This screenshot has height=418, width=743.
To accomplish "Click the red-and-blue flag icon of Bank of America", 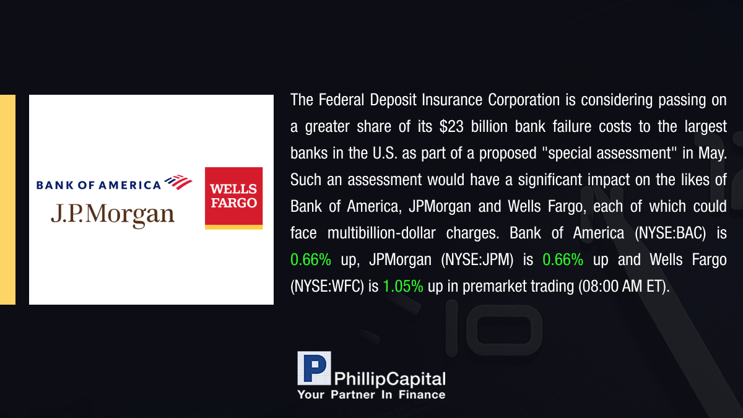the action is click(x=178, y=182).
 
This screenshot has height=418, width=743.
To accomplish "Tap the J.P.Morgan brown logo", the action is click(x=113, y=215).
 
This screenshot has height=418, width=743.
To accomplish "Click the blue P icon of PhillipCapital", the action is click(x=314, y=368).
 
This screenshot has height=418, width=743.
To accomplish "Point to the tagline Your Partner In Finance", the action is click(x=371, y=395).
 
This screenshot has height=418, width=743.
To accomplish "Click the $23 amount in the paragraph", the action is click(x=451, y=127).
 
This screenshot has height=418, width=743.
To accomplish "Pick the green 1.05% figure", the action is click(x=403, y=286).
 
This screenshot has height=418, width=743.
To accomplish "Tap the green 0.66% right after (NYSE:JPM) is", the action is click(x=563, y=259).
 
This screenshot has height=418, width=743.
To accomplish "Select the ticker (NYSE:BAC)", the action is click(x=670, y=233).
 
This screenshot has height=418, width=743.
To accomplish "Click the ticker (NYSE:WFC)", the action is click(x=327, y=286).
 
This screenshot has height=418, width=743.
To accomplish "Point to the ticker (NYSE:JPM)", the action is click(x=477, y=259).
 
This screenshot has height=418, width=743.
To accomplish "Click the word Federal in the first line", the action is click(x=341, y=100).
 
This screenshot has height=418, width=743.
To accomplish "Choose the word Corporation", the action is click(x=524, y=100).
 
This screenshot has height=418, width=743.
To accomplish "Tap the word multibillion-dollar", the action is click(x=381, y=233).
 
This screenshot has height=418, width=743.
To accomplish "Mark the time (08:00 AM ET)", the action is click(x=624, y=286).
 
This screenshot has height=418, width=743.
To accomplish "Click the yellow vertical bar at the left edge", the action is click(x=7, y=199).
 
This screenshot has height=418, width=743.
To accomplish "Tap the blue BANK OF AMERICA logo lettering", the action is click(x=98, y=185).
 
